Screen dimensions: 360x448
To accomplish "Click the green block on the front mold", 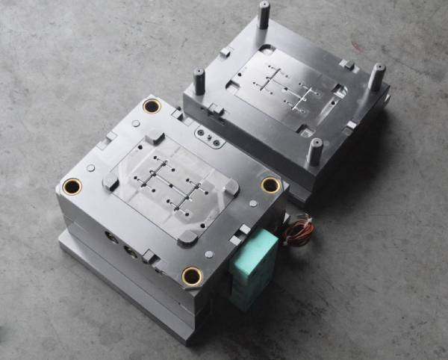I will (x=255, y=265).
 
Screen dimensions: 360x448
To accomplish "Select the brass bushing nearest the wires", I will (x=270, y=184).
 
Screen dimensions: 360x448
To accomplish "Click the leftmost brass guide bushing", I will (x=72, y=186).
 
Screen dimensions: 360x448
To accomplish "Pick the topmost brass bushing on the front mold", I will (x=152, y=106).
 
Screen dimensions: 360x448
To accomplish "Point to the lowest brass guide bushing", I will (x=192, y=276).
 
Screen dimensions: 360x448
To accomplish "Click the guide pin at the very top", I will (x=264, y=15).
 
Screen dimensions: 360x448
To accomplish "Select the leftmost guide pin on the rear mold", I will (x=199, y=80).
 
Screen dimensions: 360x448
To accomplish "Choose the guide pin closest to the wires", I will (x=315, y=151).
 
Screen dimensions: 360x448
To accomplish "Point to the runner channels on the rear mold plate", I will (x=288, y=88).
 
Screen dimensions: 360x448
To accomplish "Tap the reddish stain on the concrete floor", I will (x=357, y=45).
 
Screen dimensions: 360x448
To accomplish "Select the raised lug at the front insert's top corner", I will (x=155, y=137).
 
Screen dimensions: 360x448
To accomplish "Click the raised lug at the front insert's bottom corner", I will (x=187, y=237).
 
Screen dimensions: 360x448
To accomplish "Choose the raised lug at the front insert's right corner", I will (x=231, y=187).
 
